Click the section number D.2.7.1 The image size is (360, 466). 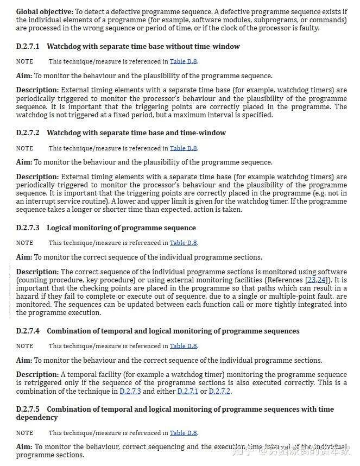click(28, 47)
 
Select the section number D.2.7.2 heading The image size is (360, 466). click(28, 133)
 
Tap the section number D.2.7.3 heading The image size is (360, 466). click(28, 228)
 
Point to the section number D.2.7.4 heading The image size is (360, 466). click(28, 331)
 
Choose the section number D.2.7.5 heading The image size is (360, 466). click(28, 410)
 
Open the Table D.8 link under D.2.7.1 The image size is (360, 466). click(183, 62)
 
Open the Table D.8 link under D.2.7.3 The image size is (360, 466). click(183, 243)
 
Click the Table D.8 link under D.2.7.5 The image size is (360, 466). click(183, 433)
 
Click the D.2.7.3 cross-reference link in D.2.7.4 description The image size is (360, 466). click(130, 392)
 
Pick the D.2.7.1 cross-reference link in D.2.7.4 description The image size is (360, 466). click(188, 392)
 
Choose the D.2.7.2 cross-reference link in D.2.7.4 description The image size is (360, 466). click(219, 392)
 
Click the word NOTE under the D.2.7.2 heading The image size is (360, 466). click(24, 149)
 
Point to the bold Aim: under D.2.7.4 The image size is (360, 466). click(24, 361)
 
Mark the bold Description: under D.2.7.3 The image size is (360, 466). click(37, 272)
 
